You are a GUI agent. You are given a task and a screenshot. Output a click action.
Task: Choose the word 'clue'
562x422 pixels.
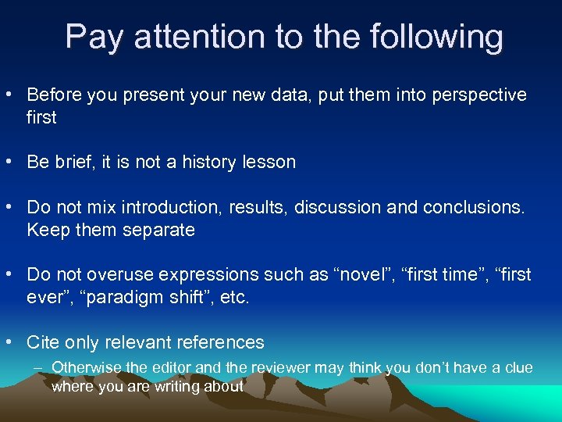pos(516,367)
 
